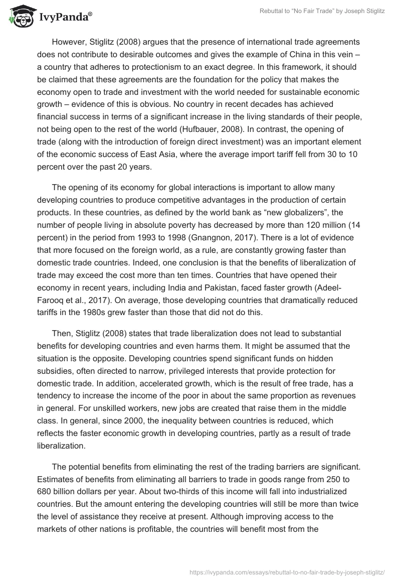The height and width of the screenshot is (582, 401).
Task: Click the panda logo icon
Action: (20, 16)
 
